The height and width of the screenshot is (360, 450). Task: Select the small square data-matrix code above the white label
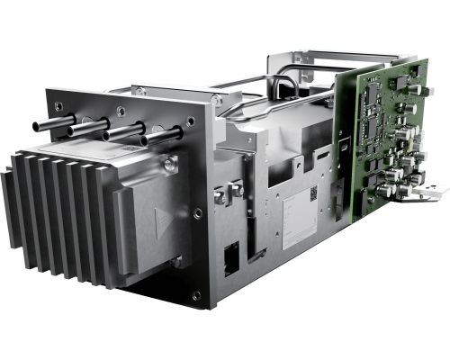click(x=308, y=193)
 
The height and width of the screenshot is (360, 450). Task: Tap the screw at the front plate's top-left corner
click(x=58, y=105)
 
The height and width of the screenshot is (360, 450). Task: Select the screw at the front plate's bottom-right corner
click(x=196, y=294)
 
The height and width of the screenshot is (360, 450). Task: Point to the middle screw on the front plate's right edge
click(x=197, y=213)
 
